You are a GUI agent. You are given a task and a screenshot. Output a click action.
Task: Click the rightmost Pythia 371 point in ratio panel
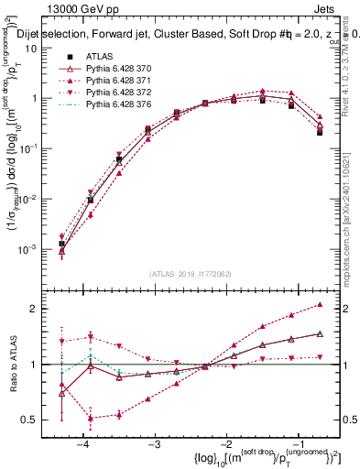[x=320, y=304]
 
